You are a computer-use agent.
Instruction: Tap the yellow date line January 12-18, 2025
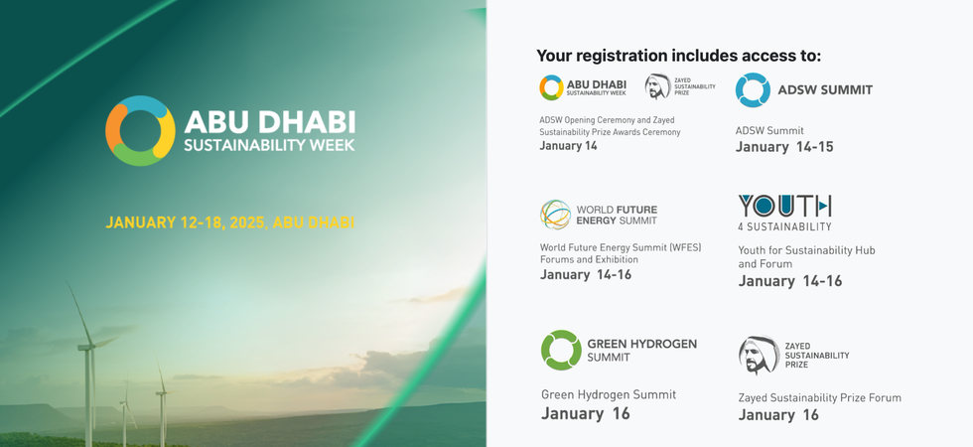pos(229,223)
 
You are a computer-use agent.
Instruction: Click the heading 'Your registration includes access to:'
pos(678,56)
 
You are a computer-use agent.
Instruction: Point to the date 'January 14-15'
pos(784,147)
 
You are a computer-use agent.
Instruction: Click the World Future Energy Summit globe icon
pos(555,215)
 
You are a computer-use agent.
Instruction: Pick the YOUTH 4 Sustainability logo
pos(784,213)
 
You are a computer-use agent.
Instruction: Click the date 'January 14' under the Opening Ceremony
pos(568,146)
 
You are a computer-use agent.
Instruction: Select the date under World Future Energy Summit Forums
pos(585,274)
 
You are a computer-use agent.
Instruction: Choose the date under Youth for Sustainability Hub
pos(790,281)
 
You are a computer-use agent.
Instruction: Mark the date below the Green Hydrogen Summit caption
pos(585,413)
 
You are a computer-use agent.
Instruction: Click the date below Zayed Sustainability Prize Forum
pos(778,415)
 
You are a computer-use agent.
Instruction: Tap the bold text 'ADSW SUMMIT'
pos(825,90)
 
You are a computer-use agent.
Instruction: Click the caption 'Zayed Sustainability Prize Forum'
pos(819,398)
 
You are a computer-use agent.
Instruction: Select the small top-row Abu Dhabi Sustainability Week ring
pos(551,87)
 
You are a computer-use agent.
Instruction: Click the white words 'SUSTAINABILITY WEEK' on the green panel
pos(269,145)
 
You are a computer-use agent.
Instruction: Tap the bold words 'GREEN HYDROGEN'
pos(641,344)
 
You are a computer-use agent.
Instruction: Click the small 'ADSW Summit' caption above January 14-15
pos(769,131)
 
